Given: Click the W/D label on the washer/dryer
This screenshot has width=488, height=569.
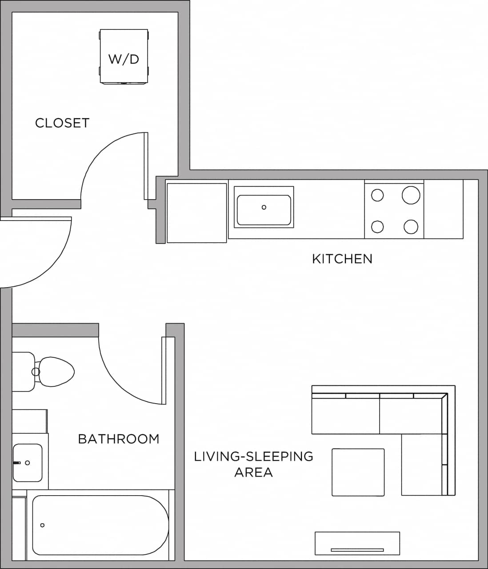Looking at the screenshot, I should tap(124, 59).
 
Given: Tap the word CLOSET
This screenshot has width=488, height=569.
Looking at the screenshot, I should tap(62, 123).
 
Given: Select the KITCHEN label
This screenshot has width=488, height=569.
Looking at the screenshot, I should tap(342, 259).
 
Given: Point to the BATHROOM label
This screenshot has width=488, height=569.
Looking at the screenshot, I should tap(119, 439).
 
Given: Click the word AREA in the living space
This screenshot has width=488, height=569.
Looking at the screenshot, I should tap(253, 472).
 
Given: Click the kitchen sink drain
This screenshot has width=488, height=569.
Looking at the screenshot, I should tap(264, 208).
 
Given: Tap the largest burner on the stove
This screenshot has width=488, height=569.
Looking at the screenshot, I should tap(411, 195).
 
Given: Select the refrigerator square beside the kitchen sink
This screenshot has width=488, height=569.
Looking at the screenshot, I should tap(196, 213).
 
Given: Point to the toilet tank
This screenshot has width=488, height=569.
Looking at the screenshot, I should tap(22, 372).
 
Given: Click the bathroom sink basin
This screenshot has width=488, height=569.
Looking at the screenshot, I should tap(28, 463).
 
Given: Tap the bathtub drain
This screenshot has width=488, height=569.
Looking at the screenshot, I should tap(43, 525).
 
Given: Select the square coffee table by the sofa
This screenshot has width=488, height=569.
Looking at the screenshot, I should tap(358, 472).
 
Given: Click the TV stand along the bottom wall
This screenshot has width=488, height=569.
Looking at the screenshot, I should tap(357, 543).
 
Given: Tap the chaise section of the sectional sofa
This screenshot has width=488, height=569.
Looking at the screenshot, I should tap(422, 465).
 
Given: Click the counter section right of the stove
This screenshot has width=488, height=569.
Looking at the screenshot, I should tap(443, 209).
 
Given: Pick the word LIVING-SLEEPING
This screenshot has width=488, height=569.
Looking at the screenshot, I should tap(253, 457).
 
